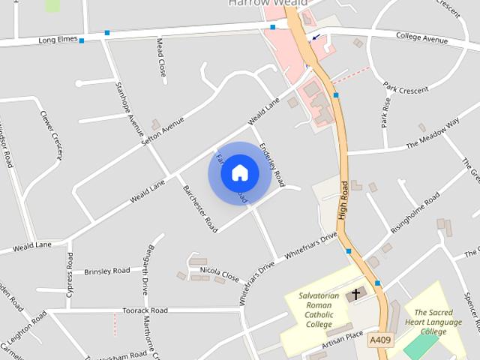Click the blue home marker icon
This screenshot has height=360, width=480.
tap(239, 172)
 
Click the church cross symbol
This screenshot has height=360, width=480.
tap(355, 293)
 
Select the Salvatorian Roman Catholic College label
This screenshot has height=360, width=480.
tap(319, 310)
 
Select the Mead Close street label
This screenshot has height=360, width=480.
tap(160, 58)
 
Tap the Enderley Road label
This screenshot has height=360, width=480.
tap(271, 164)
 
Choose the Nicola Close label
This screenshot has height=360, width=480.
tap(219, 271)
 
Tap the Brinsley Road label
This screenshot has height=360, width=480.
tap(106, 271)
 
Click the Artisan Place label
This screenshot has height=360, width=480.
tap(342, 340)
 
